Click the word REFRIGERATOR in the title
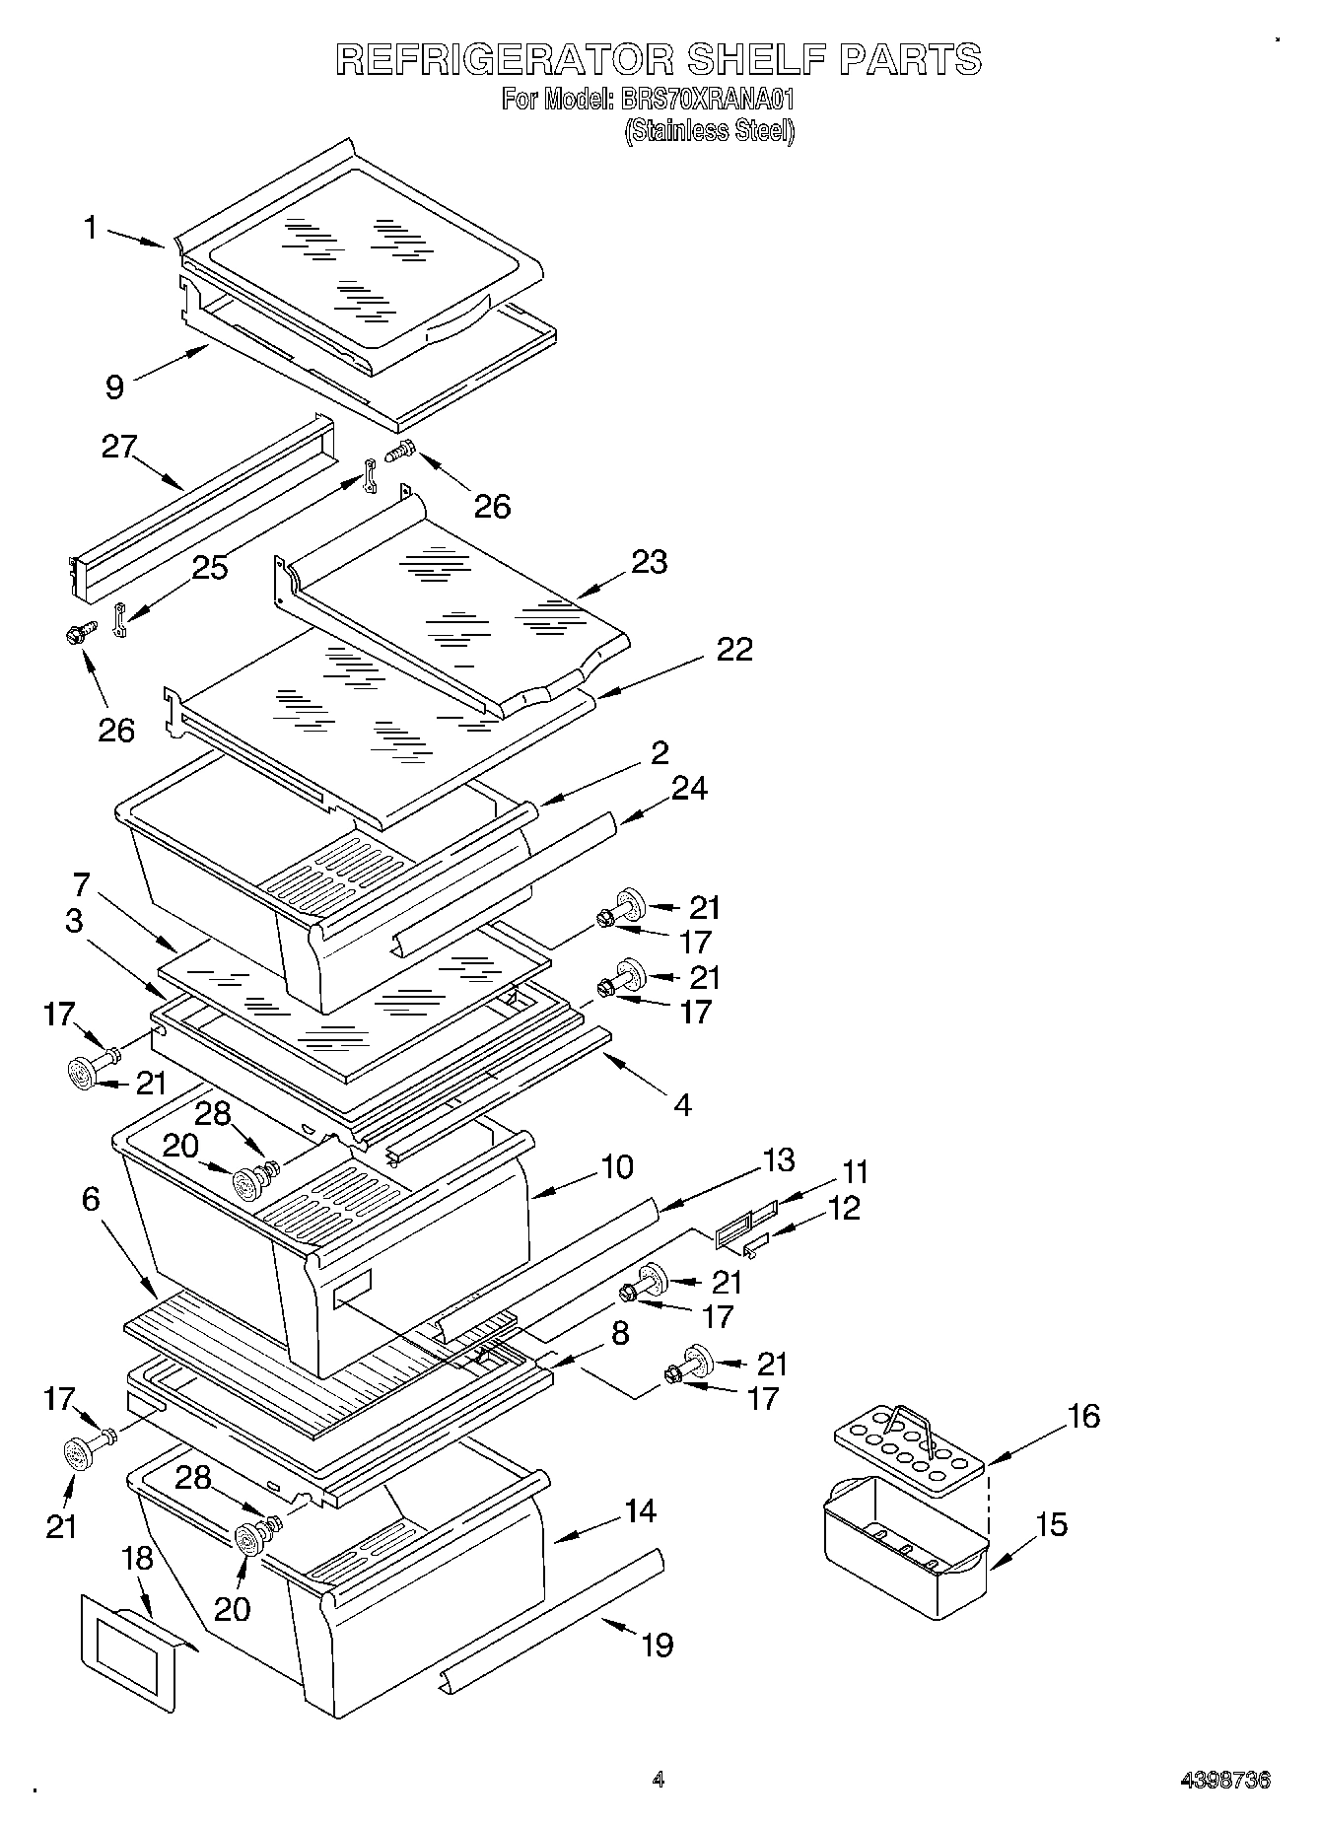click(505, 60)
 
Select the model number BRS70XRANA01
click(706, 100)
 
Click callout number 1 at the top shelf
click(91, 229)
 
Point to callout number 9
click(115, 386)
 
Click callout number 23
click(650, 562)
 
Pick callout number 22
click(734, 649)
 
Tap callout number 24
click(689, 788)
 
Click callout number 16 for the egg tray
click(1083, 1417)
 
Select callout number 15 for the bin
click(1052, 1524)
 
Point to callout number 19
click(658, 1645)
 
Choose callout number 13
click(779, 1159)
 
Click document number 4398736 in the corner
click(1225, 1781)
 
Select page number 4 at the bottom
click(659, 1780)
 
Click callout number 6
click(91, 1199)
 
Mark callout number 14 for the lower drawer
click(640, 1510)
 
